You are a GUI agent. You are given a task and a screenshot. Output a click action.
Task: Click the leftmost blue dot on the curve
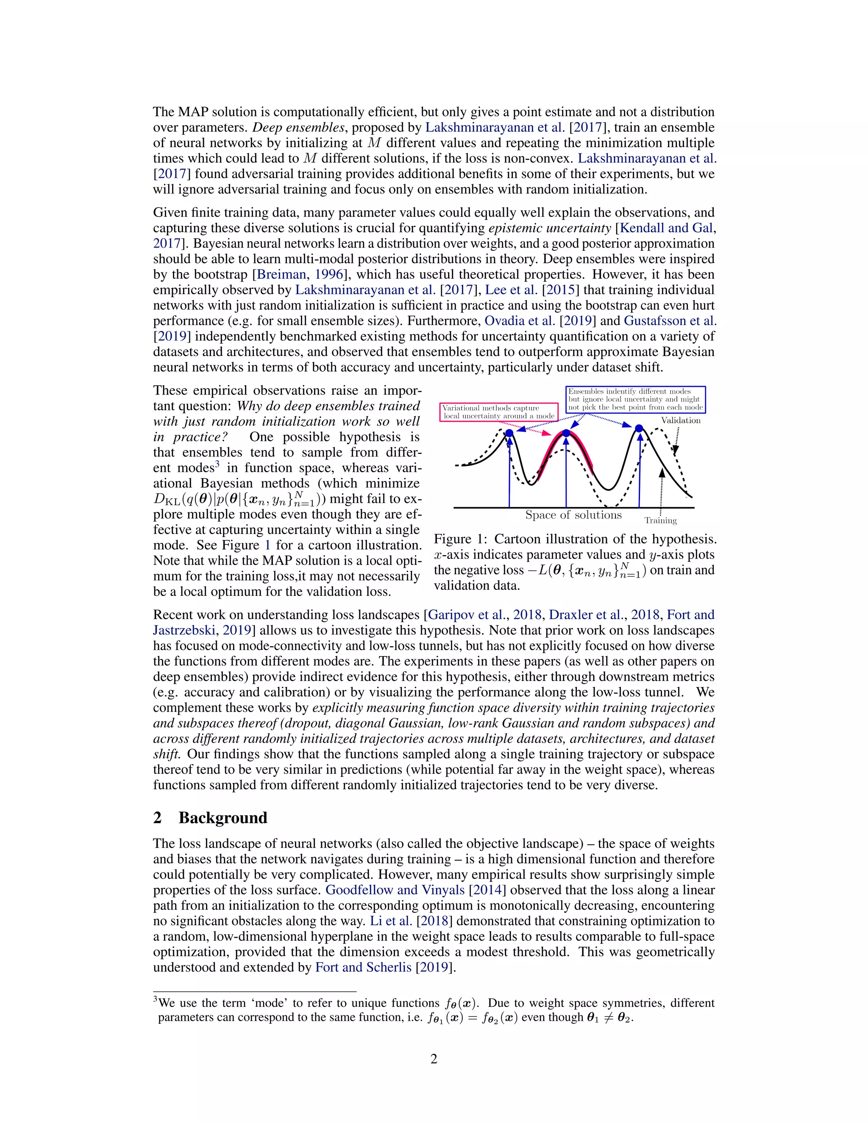pos(509,433)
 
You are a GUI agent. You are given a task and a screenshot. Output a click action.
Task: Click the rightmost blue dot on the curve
pos(639,428)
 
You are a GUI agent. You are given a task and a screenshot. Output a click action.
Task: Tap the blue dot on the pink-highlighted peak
pos(566,433)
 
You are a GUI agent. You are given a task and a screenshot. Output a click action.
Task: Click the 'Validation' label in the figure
pos(680,420)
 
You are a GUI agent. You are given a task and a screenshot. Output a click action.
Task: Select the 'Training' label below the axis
pos(660,520)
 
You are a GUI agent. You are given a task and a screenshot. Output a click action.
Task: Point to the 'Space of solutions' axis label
pos(573,515)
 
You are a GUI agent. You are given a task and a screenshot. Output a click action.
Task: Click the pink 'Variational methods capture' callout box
pos(499,412)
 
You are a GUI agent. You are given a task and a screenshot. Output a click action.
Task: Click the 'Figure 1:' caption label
pos(460,539)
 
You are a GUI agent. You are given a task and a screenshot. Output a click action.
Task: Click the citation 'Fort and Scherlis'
pos(363,967)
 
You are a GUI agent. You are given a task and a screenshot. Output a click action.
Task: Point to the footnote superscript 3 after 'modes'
pos(217,464)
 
